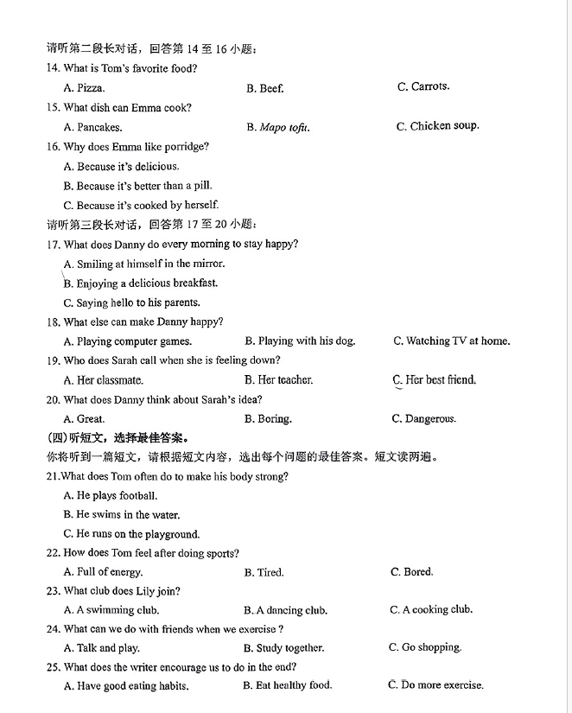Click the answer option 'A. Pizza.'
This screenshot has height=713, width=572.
click(x=84, y=88)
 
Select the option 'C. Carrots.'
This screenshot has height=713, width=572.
click(x=423, y=86)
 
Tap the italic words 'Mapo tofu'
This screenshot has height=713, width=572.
click(x=283, y=128)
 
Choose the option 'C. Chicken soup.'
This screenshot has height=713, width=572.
click(x=437, y=126)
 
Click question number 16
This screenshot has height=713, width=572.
click(x=54, y=147)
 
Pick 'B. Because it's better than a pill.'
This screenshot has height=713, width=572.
click(x=137, y=186)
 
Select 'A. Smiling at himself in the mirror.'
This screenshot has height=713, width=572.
click(x=143, y=264)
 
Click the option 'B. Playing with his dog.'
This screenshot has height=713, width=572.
click(x=300, y=341)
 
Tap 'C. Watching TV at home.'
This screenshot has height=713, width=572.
click(x=451, y=341)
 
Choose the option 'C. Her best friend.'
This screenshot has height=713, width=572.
click(x=435, y=380)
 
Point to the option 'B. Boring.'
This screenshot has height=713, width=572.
click(x=268, y=419)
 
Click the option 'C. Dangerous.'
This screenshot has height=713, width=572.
click(x=423, y=419)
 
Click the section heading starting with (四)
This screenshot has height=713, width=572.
click(x=118, y=437)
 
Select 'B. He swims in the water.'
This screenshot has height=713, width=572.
click(x=122, y=515)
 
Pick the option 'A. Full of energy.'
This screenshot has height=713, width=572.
click(x=103, y=572)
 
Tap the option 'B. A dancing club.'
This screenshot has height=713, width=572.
click(x=285, y=610)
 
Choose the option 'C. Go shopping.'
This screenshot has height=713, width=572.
click(x=425, y=647)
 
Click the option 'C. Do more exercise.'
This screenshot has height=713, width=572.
click(x=436, y=685)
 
